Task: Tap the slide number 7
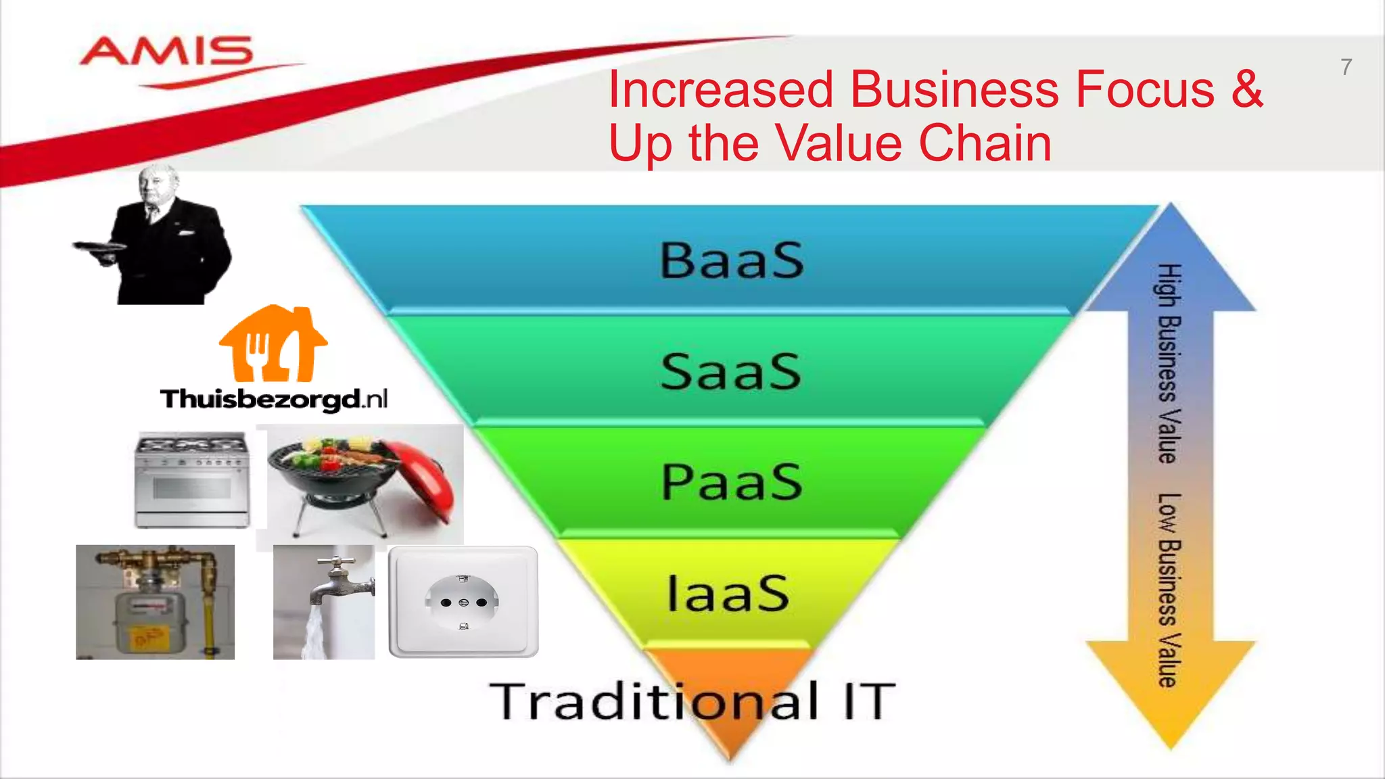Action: tap(1346, 67)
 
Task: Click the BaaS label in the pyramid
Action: tap(732, 260)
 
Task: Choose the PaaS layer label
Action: tap(732, 482)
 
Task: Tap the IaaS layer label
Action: tap(728, 593)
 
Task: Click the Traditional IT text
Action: tap(692, 701)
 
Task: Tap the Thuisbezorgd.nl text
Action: tap(274, 399)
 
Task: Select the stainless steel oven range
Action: tap(193, 480)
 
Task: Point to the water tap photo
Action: tap(324, 602)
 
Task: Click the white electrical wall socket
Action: tap(464, 602)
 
